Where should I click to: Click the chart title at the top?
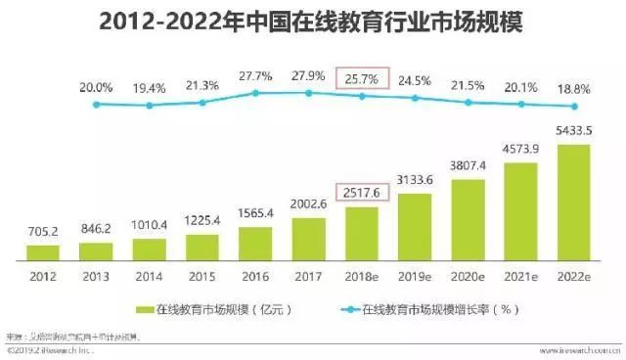coord(310,22)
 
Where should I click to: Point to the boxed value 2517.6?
coord(361,192)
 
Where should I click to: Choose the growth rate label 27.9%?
coord(308,75)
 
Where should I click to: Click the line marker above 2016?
coord(255,93)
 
